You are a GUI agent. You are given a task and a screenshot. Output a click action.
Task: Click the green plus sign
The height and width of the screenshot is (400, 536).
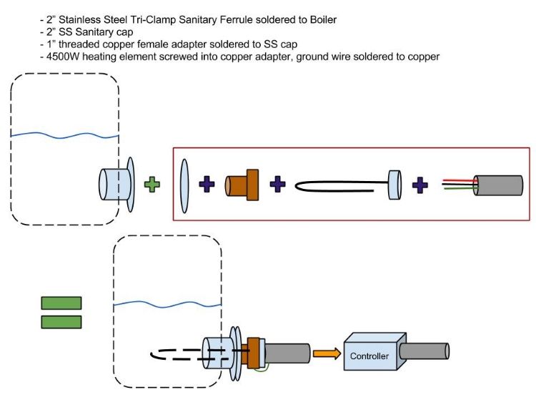[152, 185]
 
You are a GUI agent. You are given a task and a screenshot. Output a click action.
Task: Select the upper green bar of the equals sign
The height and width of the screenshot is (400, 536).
[61, 303]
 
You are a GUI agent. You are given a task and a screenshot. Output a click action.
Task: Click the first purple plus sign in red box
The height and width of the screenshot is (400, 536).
[207, 185]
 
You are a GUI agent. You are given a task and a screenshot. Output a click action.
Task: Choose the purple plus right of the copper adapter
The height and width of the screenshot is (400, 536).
[277, 185]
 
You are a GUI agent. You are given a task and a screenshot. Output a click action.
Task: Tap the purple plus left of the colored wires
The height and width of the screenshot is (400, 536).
[420, 185]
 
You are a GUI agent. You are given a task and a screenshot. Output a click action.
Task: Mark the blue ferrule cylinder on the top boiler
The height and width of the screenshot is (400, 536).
[112, 185]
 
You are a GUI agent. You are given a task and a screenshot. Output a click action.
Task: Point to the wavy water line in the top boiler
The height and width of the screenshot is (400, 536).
[64, 134]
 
